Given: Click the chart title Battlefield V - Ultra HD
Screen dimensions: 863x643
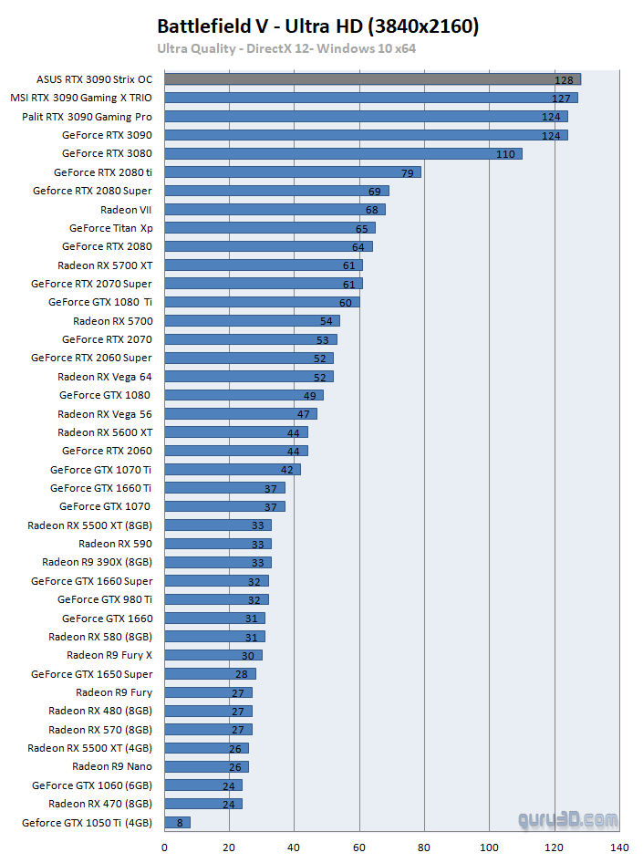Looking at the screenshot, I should click(317, 26).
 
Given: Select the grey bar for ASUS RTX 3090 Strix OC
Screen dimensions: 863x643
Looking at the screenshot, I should click(372, 79).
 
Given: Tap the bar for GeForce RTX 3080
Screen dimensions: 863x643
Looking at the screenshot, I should click(343, 153).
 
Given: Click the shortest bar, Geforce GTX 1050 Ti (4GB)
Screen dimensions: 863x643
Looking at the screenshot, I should click(177, 823).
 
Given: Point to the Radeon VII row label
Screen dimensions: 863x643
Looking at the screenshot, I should click(126, 210).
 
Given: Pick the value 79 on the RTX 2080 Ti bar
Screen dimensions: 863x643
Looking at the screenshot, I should click(409, 172).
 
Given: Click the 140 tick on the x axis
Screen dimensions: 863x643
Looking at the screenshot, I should click(619, 847).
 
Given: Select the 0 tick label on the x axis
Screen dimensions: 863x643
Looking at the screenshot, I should click(165, 847).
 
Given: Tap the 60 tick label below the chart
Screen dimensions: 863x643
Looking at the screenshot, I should click(359, 847).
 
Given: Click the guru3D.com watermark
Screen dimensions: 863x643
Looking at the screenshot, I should click(567, 820).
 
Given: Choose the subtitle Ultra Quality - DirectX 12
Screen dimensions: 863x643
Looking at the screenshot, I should click(286, 48).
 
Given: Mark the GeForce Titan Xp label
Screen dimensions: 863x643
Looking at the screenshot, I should click(110, 228).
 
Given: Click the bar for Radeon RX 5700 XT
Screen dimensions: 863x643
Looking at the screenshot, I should click(264, 265).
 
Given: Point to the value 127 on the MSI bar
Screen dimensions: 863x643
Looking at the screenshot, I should click(561, 99).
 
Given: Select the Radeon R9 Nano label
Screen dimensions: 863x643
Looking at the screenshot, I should click(112, 766).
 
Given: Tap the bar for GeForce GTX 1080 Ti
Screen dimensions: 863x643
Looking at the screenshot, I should click(262, 302).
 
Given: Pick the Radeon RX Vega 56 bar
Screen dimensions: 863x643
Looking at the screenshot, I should click(241, 414).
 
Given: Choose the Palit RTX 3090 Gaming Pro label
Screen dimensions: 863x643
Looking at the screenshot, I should click(87, 117).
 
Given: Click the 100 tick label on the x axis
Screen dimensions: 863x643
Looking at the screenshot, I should click(489, 847).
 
